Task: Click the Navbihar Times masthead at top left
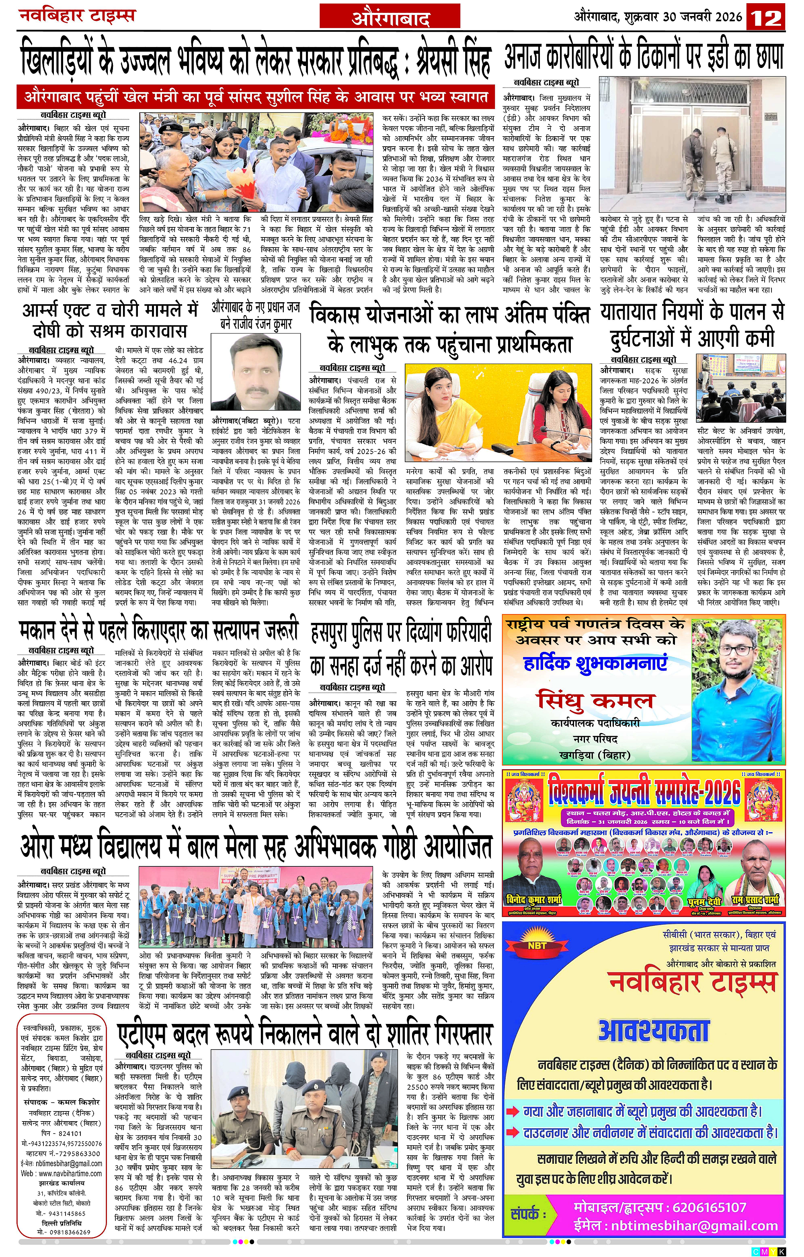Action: click(77, 15)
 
